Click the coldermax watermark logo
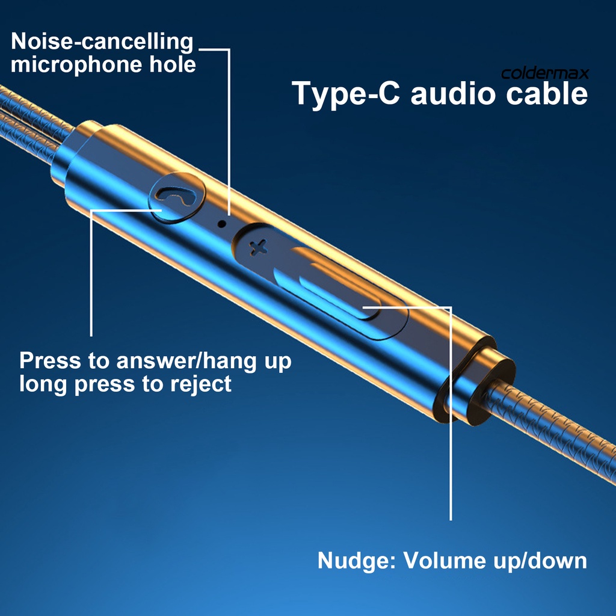(x=545, y=74)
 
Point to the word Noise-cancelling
(x=102, y=42)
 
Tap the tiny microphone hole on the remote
(x=221, y=223)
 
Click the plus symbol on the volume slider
(x=259, y=245)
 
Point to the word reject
(x=201, y=383)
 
